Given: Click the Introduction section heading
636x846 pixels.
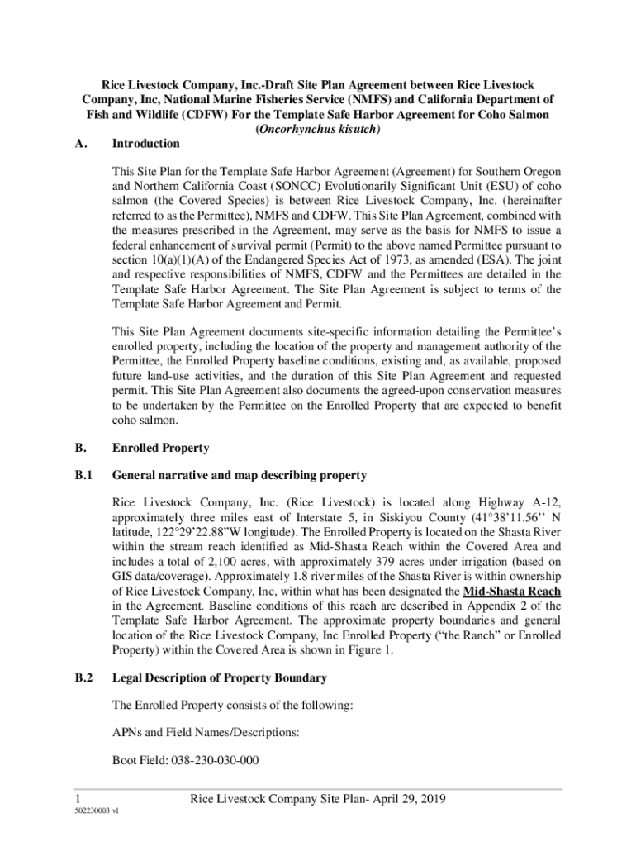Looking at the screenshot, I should point(145,144).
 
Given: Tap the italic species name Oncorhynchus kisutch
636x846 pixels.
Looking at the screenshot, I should point(318,129).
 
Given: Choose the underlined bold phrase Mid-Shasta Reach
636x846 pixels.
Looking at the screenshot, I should point(512,591).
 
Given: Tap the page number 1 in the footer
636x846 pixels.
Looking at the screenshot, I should point(76,799).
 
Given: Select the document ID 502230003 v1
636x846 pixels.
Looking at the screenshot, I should point(96,812).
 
